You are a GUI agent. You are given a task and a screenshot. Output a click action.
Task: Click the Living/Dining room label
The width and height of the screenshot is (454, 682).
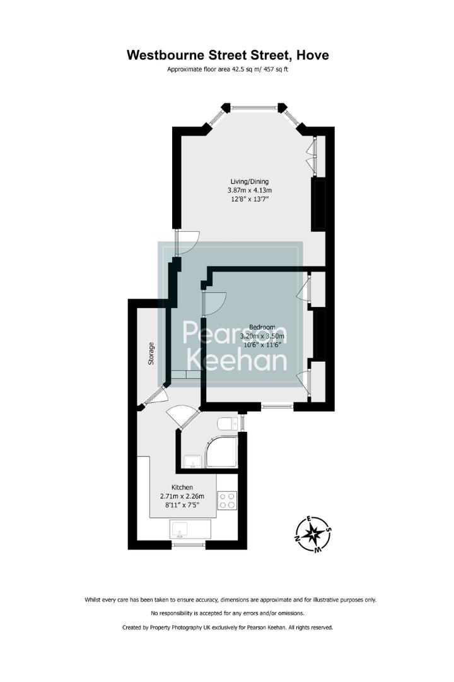click(x=250, y=181)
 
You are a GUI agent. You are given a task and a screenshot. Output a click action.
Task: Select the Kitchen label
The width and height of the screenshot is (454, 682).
click(x=182, y=488)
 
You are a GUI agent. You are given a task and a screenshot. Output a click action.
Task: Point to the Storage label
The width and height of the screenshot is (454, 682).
click(x=151, y=353)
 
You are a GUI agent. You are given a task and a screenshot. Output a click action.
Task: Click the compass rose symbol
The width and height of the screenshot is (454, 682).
click(x=313, y=535)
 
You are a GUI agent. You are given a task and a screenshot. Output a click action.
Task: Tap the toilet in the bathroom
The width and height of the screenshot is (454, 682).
click(x=226, y=422)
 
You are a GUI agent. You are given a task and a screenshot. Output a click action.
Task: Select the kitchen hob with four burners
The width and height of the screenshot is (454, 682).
click(x=227, y=501)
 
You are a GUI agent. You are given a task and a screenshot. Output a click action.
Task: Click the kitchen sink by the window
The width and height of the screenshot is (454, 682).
click(x=188, y=529)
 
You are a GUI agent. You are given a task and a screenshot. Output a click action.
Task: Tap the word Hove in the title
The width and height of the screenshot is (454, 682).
click(x=309, y=55)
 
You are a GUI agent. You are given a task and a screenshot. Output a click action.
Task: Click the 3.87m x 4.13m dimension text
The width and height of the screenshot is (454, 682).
click(x=250, y=190)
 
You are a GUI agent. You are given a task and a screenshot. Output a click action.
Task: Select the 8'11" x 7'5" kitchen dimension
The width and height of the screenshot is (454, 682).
click(x=182, y=505)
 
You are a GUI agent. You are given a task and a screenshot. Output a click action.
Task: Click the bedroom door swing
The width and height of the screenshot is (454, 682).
click(x=215, y=302)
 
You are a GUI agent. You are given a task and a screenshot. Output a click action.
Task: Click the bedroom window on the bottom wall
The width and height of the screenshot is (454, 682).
click(x=277, y=407)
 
